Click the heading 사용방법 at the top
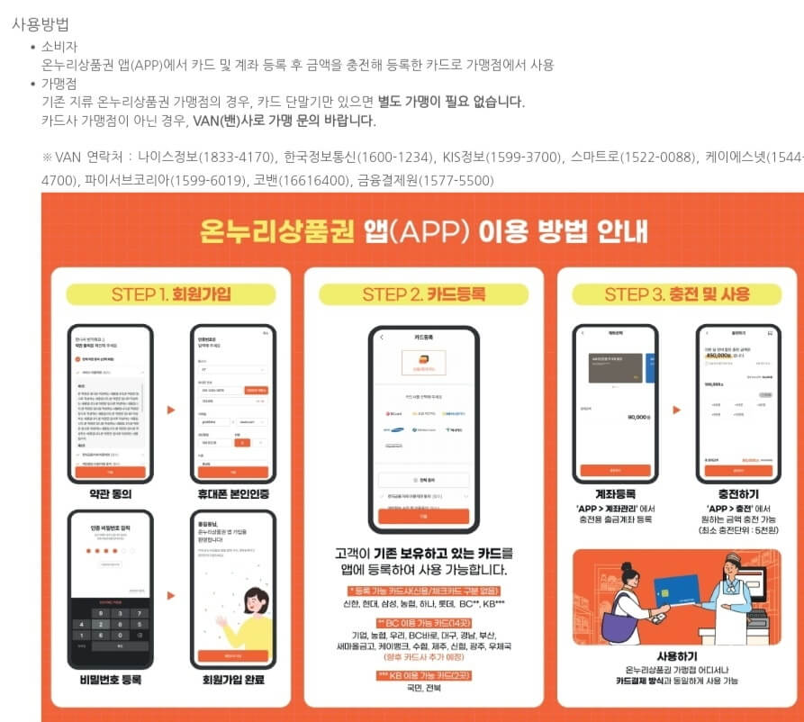[x=41, y=24]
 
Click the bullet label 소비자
[x=60, y=47]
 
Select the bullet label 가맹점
[x=60, y=84]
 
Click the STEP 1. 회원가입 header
[x=171, y=294]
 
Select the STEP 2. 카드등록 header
[x=423, y=294]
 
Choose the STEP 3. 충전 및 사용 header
[x=677, y=294]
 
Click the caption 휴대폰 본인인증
[x=233, y=494]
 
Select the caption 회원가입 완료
[x=233, y=679]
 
